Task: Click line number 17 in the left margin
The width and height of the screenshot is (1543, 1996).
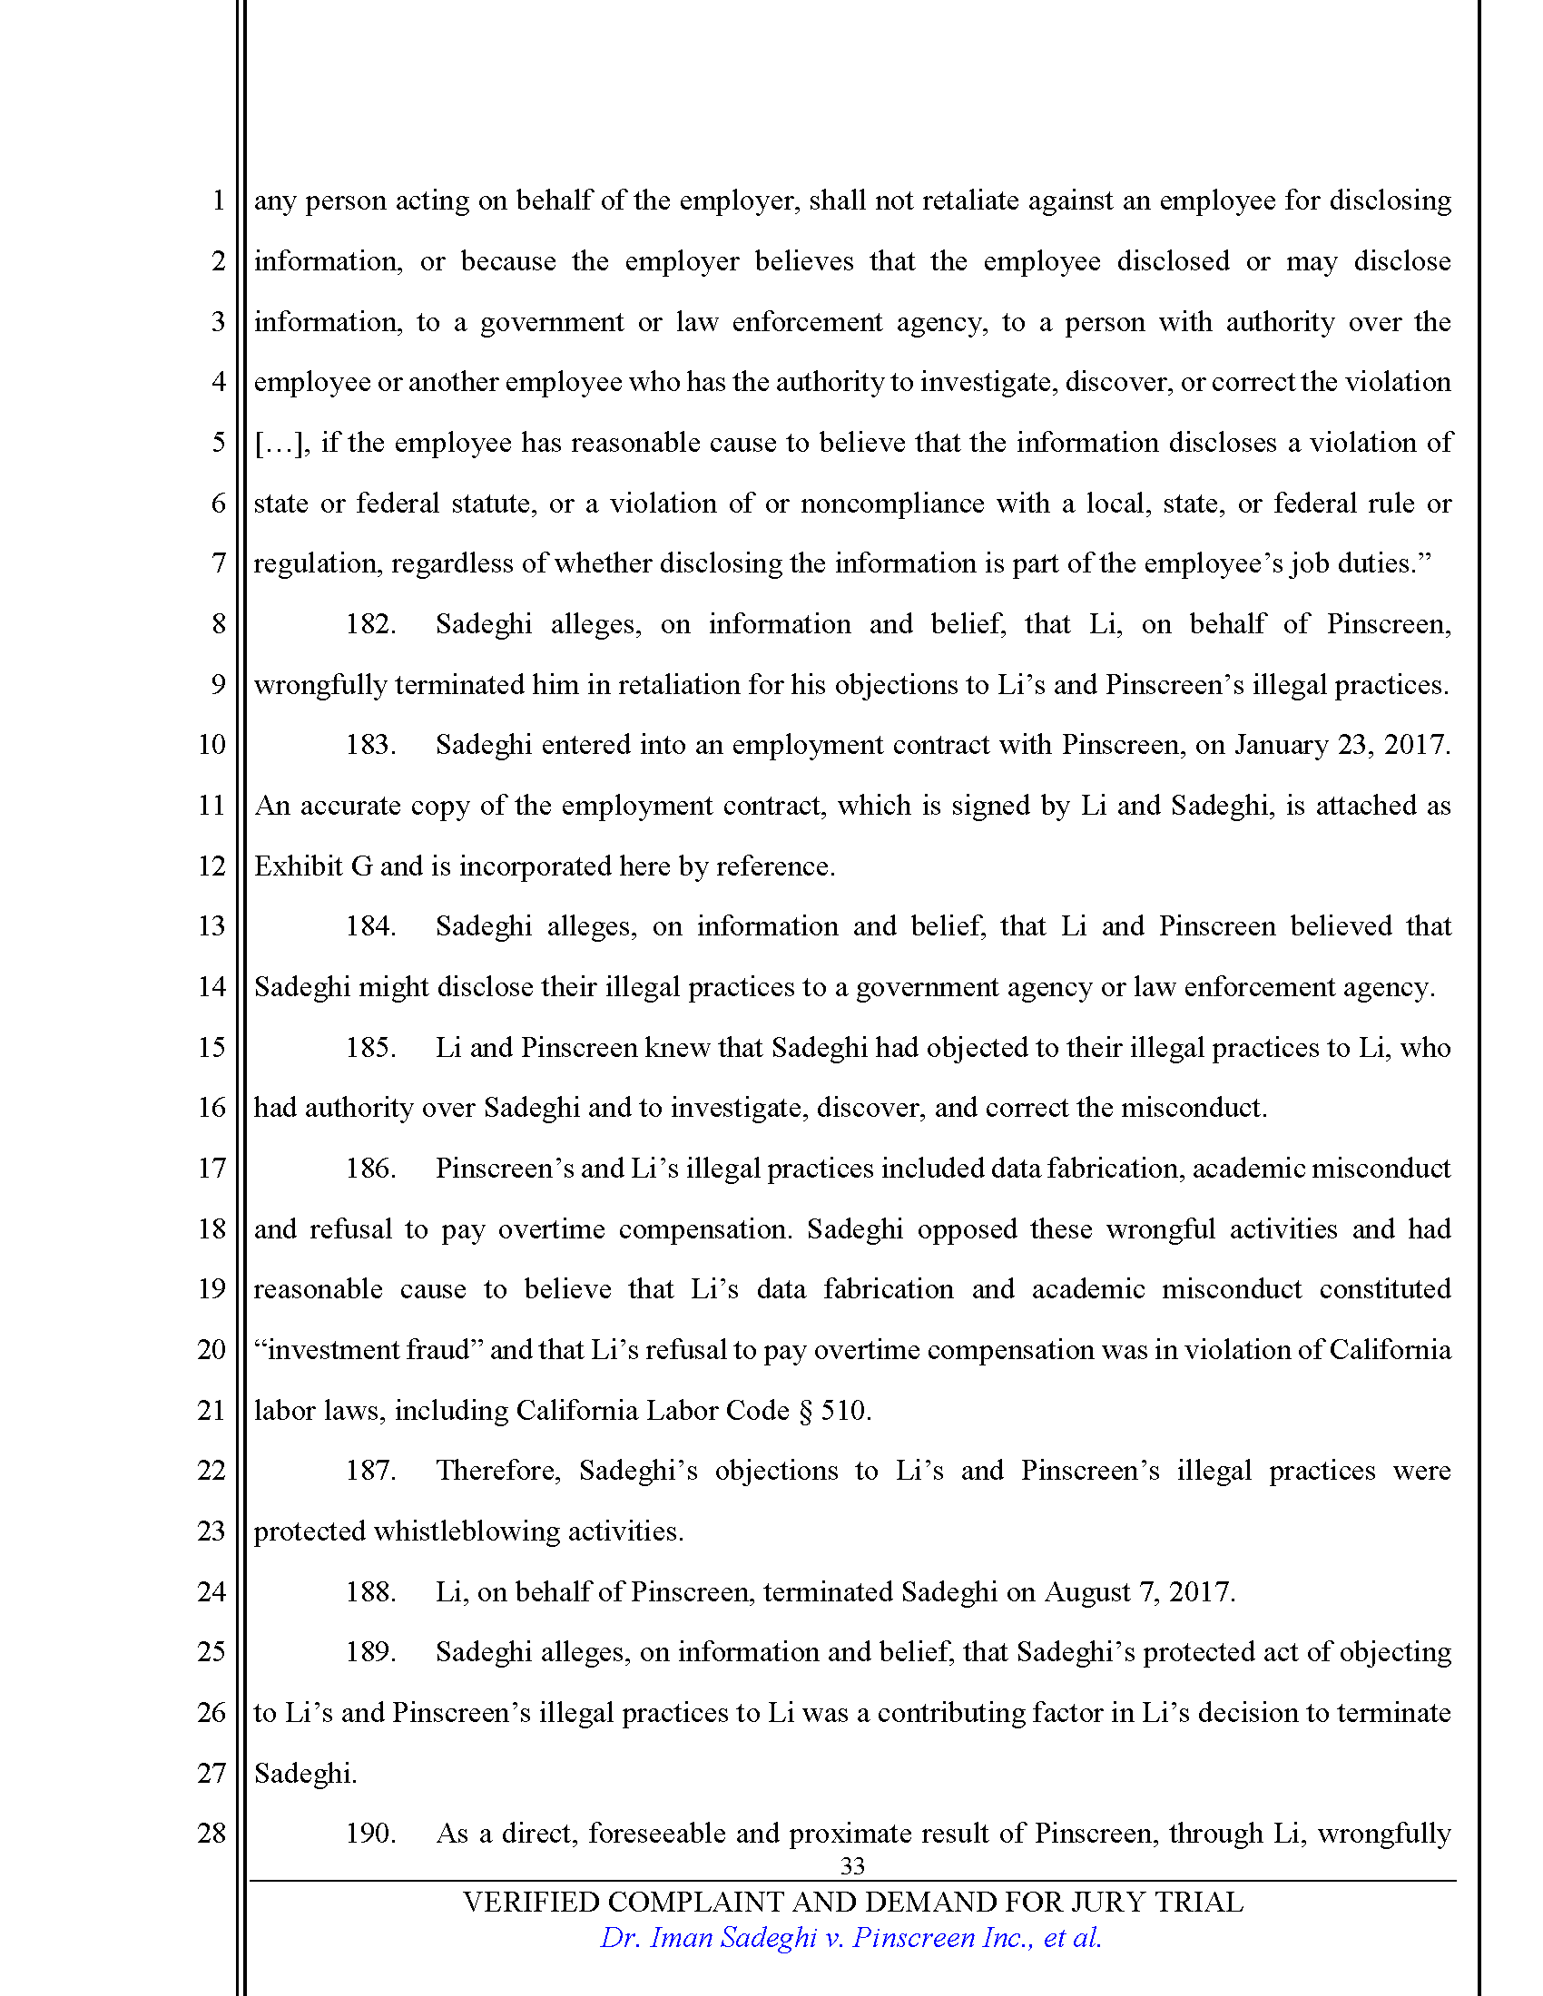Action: click(211, 1168)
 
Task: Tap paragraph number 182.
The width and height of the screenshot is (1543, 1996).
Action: click(370, 624)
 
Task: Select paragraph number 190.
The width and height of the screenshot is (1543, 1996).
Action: click(370, 1834)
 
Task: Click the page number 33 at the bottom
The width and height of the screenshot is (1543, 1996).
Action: click(852, 1865)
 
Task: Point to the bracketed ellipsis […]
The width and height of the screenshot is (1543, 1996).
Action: click(281, 444)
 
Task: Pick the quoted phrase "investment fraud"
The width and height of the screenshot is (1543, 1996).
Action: click(369, 1350)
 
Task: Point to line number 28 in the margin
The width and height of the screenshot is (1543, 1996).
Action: click(211, 1834)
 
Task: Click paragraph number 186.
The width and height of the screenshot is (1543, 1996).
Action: click(370, 1169)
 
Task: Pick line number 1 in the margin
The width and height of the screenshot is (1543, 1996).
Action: click(218, 201)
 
